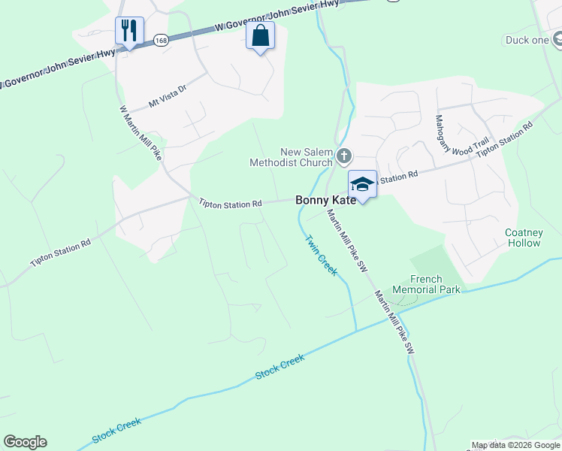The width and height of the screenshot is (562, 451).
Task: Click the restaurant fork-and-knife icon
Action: pos(128,31)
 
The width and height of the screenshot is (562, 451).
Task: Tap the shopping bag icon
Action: pos(260,35)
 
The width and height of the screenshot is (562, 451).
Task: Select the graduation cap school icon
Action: pos(362,184)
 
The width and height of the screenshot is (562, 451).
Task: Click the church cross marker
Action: pos(344,156)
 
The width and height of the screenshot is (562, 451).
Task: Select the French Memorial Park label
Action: pos(434,284)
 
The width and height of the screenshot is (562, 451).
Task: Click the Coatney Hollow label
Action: pos(523,238)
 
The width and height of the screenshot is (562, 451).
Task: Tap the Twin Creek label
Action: pos(321,255)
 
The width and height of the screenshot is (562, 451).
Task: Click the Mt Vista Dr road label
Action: pos(167,98)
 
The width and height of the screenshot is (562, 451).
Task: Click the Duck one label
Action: pos(527,40)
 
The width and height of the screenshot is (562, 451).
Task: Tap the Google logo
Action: pos(25,442)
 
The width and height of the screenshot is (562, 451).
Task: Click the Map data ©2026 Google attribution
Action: pos(516,445)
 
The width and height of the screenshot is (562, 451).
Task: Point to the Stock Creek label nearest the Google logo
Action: pos(116,430)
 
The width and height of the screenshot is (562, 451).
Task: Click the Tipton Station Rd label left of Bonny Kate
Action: pos(231,203)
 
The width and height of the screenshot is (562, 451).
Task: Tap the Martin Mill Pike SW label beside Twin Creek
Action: pos(346,241)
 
